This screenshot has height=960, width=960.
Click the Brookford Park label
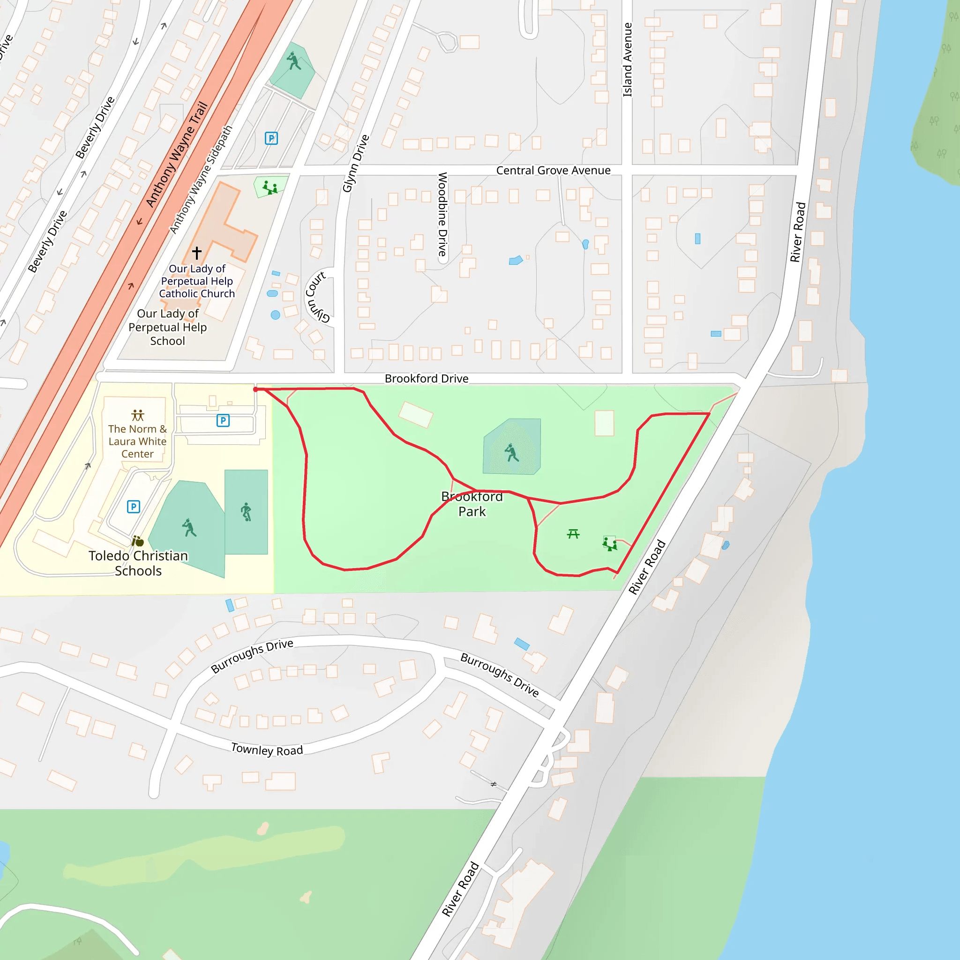pos(472,504)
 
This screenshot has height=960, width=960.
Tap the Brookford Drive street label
pos(427,379)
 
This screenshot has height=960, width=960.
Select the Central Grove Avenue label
pos(553,171)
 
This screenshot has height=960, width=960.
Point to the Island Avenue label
pos(628,60)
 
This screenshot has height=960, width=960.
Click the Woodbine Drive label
pos(442,214)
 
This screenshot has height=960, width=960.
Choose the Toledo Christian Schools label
pos(138,563)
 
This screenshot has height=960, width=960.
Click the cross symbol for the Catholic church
pos(197,253)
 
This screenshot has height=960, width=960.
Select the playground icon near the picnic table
pos(610,544)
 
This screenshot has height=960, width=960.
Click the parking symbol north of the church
pos(271,138)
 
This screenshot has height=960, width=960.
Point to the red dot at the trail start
pos(256,390)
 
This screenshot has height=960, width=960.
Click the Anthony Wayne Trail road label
pos(177,154)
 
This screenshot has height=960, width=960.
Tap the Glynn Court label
pos(317,297)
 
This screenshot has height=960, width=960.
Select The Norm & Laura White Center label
pos(138,441)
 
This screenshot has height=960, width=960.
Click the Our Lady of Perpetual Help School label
pos(167,327)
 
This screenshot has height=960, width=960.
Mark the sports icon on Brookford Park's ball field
pos(511,453)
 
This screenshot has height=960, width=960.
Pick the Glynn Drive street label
pos(356,164)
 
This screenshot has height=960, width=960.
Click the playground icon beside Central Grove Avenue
pos(270,188)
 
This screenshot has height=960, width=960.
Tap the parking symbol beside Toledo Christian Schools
pos(133,506)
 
